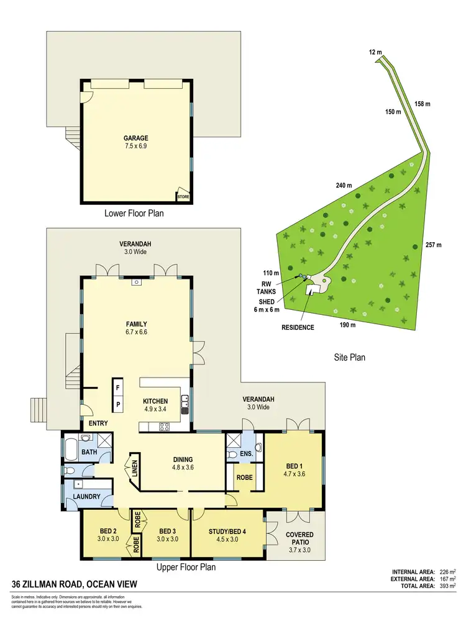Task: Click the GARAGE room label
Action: [135, 138]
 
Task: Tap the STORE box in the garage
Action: [183, 197]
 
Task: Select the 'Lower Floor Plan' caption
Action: [135, 213]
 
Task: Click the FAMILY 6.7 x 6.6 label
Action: [135, 328]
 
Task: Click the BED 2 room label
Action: [109, 535]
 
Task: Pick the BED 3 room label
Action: [168, 535]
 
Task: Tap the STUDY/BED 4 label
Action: [226, 535]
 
